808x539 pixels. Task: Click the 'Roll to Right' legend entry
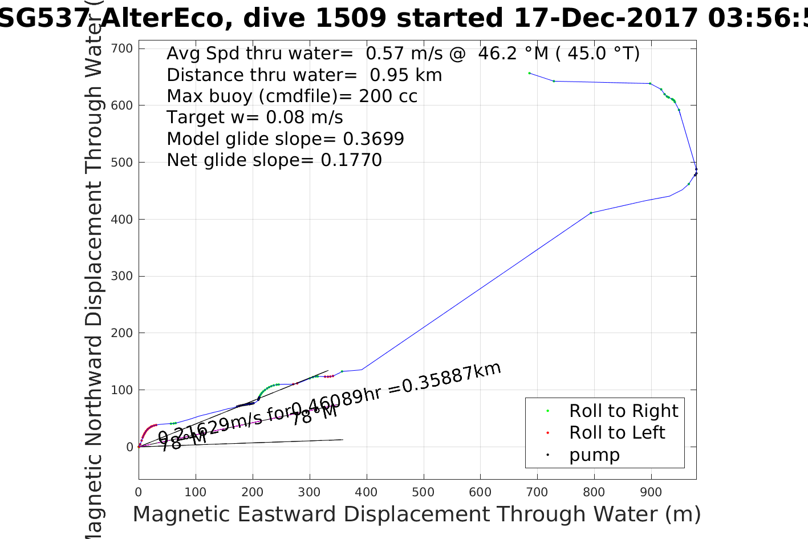point(623,411)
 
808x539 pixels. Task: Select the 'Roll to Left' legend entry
point(617,432)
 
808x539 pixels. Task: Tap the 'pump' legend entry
point(594,455)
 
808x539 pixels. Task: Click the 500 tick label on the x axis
point(423,492)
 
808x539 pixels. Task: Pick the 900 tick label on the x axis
point(651,492)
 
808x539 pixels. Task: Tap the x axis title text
point(416,514)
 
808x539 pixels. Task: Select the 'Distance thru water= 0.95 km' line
point(304,75)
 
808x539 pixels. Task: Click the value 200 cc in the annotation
point(388,96)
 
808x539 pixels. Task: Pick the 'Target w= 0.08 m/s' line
point(255,117)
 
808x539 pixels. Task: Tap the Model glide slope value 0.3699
point(373,139)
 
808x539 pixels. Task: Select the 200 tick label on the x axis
point(252,492)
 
